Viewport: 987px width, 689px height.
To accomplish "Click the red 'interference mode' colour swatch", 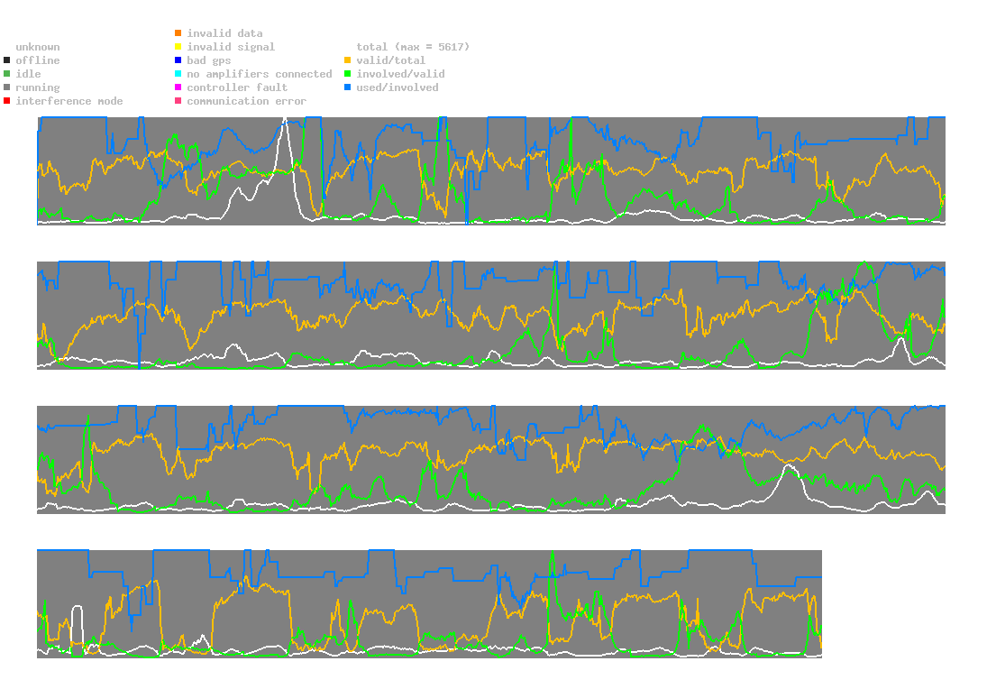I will pos(7,101).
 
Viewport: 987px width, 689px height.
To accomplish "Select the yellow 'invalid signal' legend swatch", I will pos(178,47).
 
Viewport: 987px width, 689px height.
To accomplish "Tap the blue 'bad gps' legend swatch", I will pos(178,60).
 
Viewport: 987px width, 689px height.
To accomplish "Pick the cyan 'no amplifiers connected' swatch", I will pos(178,74).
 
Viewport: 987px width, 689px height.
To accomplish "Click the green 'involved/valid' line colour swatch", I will pos(348,74).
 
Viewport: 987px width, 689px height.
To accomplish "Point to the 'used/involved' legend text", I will pos(398,87).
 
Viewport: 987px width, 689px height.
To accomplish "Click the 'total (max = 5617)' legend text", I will pos(413,47).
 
